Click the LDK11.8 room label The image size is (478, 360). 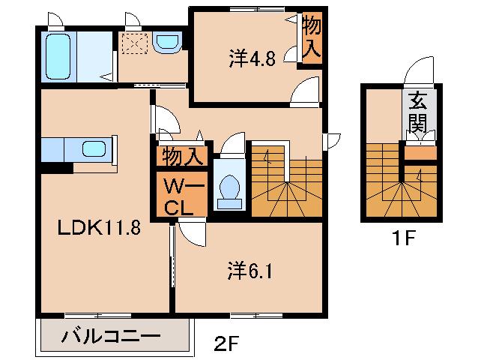(x=99, y=227)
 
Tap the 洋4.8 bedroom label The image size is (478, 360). (x=252, y=58)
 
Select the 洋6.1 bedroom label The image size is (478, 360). (x=250, y=271)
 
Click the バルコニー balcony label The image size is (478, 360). (x=111, y=336)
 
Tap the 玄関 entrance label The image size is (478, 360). (x=417, y=112)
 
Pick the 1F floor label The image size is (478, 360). (x=403, y=238)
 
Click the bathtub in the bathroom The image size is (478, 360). (x=58, y=56)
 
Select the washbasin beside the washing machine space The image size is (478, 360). (x=167, y=43)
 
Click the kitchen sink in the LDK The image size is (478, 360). (x=94, y=149)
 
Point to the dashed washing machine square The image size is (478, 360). (x=135, y=43)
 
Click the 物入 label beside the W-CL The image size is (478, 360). (x=183, y=157)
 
